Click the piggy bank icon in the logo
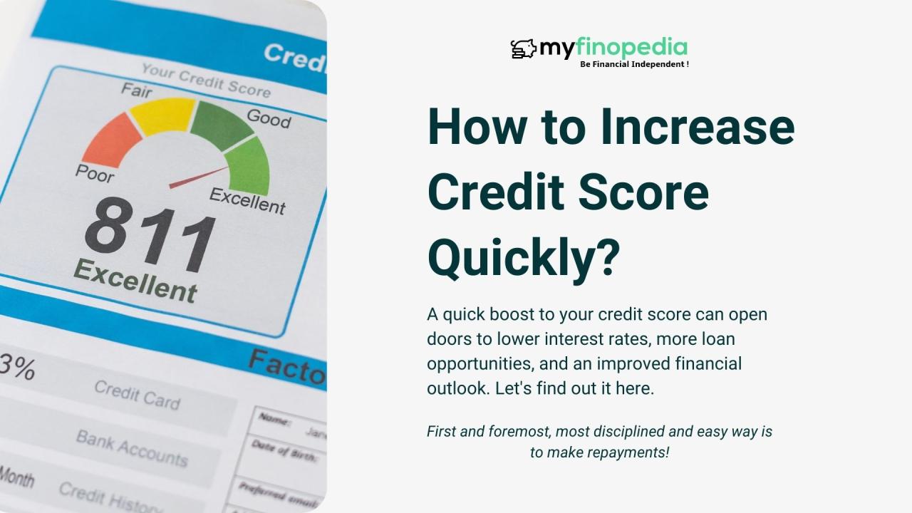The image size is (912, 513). click(x=523, y=49)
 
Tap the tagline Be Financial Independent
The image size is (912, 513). click(x=634, y=64)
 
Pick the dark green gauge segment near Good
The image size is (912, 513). click(x=220, y=123)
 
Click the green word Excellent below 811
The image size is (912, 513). click(x=135, y=281)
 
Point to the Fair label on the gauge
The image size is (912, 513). click(x=136, y=90)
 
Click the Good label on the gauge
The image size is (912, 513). click(x=269, y=118)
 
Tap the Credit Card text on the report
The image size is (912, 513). click(x=137, y=394)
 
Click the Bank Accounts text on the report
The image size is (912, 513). click(x=132, y=447)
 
